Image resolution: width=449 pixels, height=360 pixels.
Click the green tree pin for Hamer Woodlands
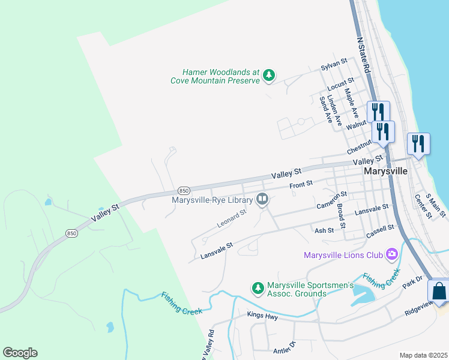tap(270, 76)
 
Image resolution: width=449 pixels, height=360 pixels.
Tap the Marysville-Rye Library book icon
tap(262, 198)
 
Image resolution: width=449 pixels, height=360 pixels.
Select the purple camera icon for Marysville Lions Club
tap(392, 254)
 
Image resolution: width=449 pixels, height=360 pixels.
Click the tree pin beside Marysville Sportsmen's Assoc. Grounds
tap(258, 289)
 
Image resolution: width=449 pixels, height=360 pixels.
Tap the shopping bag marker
tap(439, 291)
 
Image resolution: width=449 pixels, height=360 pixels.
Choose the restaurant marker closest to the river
tap(418, 144)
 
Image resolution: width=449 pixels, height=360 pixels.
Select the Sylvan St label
tap(334, 62)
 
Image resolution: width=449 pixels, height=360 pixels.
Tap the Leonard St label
tap(232, 220)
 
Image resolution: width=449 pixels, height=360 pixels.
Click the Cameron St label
tap(332, 200)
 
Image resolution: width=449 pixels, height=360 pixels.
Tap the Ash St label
tap(324, 230)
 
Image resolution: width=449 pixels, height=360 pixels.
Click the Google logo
tap(20, 353)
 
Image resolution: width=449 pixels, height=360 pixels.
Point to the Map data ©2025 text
tap(423, 355)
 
